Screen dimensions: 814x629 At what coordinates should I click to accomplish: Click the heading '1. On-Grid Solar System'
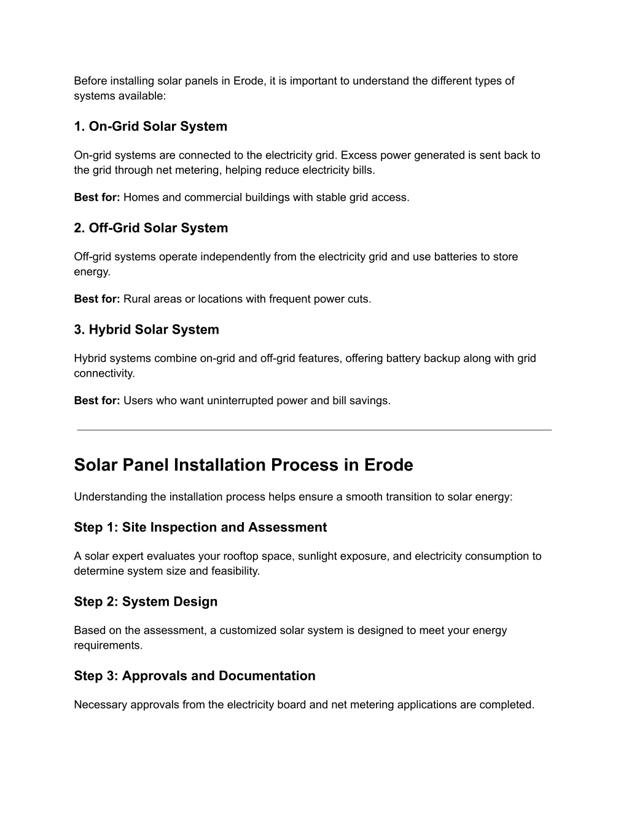coord(150,127)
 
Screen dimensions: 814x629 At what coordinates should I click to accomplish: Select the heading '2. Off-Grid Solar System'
coord(150,228)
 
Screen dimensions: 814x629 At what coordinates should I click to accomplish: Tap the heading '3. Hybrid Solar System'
coord(146,330)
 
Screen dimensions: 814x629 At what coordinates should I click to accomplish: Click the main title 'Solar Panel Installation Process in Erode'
coord(243,465)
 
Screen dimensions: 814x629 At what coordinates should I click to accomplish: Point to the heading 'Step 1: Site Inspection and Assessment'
coord(200,528)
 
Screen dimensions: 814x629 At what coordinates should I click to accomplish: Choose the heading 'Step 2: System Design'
coord(146,602)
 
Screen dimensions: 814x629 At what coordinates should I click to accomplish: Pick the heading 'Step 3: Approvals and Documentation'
coord(195,676)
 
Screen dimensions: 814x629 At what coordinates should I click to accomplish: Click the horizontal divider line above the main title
coord(314,430)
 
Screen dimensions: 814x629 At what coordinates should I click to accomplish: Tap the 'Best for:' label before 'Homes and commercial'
coord(97,198)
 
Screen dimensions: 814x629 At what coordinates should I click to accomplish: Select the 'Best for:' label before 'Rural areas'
coord(97,299)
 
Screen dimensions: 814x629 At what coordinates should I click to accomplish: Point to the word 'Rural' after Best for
coord(136,299)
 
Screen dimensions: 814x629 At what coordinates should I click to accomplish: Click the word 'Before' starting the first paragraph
coord(90,81)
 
